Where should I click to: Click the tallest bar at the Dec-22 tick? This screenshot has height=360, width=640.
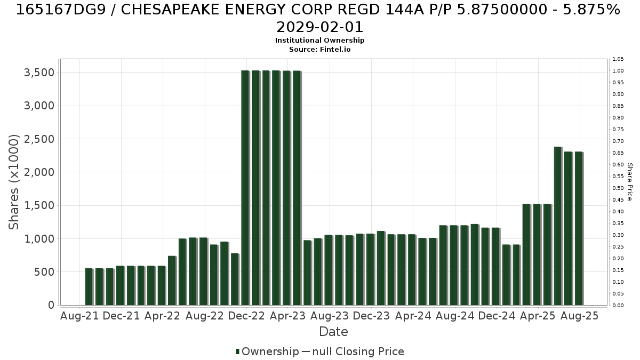(x=245, y=188)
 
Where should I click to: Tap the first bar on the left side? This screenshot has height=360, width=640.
(x=89, y=286)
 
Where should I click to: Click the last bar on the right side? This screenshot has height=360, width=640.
(x=579, y=228)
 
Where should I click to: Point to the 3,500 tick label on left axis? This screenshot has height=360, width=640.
(x=39, y=73)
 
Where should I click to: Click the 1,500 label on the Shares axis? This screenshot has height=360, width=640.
(x=39, y=205)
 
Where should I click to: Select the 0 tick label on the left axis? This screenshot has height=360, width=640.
(x=51, y=305)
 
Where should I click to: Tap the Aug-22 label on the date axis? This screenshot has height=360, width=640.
(x=205, y=316)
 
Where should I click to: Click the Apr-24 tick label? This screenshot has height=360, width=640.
(x=413, y=316)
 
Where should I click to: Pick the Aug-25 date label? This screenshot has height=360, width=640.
(x=579, y=316)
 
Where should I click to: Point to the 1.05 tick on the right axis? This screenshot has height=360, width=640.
(x=618, y=59)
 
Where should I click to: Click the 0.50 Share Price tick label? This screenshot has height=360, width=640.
(x=618, y=188)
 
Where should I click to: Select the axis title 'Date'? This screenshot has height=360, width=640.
(x=333, y=332)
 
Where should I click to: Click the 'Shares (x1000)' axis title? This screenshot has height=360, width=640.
(x=13, y=182)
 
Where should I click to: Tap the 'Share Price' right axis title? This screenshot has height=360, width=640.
(x=629, y=182)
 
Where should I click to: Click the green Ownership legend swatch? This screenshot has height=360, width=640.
(x=237, y=351)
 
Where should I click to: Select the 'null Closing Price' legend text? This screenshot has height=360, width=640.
(x=358, y=351)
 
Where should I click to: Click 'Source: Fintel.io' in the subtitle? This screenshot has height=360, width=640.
(x=319, y=50)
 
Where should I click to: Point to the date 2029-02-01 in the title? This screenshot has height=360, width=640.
(x=319, y=27)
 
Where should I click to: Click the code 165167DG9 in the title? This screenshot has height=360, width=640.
(x=61, y=10)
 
